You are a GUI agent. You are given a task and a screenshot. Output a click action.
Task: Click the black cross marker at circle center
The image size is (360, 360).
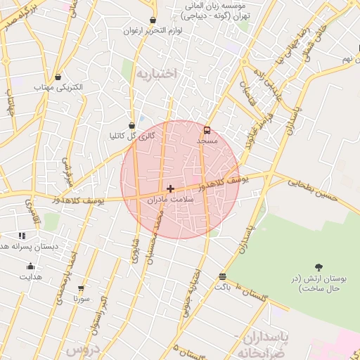(171, 188)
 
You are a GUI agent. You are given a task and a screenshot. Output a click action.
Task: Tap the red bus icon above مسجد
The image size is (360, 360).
(207, 129)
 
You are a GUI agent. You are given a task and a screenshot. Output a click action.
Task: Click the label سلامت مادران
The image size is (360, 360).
(172, 200)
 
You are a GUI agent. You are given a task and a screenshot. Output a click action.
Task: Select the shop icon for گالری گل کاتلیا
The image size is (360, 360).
(132, 124)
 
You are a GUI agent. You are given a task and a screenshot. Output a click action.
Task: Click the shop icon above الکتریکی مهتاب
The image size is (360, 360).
(57, 77)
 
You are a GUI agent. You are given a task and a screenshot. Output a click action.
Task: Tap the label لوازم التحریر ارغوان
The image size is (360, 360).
(153, 31)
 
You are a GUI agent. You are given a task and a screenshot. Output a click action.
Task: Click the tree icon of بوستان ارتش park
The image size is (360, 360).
(319, 267)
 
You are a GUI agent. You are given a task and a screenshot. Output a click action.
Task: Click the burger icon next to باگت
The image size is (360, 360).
(222, 276)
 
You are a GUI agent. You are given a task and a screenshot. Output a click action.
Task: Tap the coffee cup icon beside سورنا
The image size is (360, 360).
(82, 288)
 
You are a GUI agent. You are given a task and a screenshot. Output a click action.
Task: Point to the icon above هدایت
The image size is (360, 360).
(30, 266)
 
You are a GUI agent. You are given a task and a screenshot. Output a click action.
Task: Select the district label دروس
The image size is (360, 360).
(82, 349)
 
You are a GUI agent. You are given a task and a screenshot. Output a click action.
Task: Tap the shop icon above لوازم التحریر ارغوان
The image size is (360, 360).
(153, 20)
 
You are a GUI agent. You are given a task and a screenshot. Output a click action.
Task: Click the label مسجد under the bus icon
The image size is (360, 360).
(207, 141)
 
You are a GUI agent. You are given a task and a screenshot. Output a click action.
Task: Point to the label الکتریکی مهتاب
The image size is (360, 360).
(59, 87)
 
